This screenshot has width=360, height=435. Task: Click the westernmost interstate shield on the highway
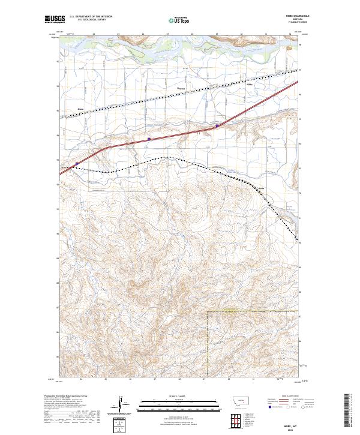[77, 163]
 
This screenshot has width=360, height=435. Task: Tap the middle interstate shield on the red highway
[148, 139]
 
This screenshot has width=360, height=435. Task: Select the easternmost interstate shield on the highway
[217, 125]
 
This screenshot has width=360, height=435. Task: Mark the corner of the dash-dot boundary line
[208, 311]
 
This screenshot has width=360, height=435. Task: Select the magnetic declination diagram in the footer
[119, 405]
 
